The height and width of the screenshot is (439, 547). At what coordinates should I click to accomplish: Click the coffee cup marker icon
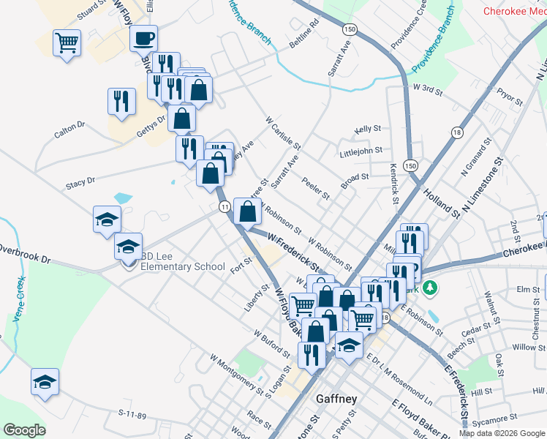point(143,37)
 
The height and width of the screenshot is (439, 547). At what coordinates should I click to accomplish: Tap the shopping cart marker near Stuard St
point(67,42)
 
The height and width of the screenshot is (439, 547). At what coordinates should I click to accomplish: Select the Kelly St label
point(368,129)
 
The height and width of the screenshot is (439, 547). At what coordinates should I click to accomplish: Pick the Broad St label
point(354,176)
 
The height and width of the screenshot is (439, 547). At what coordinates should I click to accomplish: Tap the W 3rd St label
point(428,88)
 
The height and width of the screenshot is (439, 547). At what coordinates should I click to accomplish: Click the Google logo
point(24,430)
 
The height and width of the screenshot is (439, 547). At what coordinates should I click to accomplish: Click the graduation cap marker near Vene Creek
point(45,381)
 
